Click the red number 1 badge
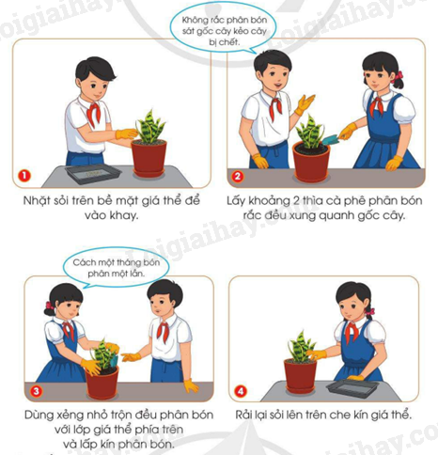pyautogui.click(x=24, y=176)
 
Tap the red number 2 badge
pyautogui.click(x=237, y=176)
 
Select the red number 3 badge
pyautogui.click(x=37, y=391)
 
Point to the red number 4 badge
pyautogui.click(x=241, y=391)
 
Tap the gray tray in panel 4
pyautogui.click(x=352, y=387)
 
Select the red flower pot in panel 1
pyautogui.click(x=149, y=159)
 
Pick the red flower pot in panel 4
pyautogui.click(x=300, y=376)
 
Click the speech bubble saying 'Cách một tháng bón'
pyautogui.click(x=116, y=267)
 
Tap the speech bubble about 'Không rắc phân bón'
pyautogui.click(x=223, y=30)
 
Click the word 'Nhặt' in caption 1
pyautogui.click(x=37, y=201)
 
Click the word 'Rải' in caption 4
pyautogui.click(x=244, y=415)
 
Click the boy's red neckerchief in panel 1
pyautogui.click(x=93, y=114)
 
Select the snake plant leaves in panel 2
pyautogui.click(x=310, y=132)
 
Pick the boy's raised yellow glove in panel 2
pyautogui.click(x=305, y=104)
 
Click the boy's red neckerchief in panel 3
pyautogui.click(x=163, y=331)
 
